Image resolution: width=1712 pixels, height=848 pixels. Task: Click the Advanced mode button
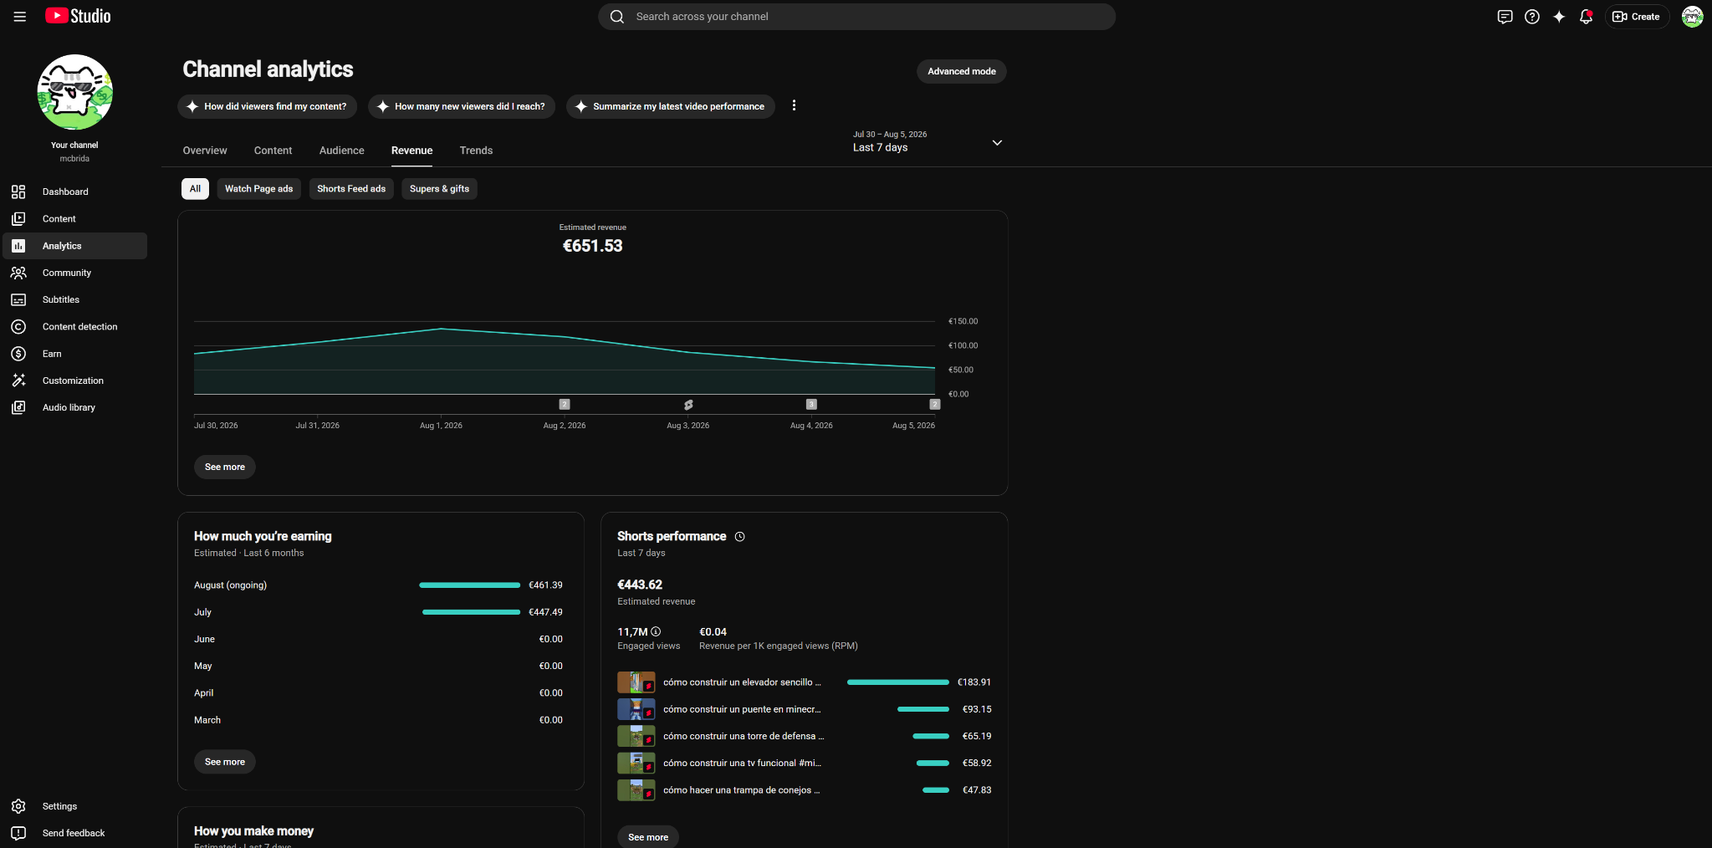point(961,71)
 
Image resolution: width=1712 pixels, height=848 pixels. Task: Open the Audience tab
point(341,151)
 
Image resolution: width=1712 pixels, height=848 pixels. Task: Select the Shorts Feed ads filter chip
point(351,189)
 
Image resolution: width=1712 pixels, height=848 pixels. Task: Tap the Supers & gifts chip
point(439,189)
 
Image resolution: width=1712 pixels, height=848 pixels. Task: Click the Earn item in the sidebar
point(52,354)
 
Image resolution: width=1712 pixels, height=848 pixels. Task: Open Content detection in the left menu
point(79,327)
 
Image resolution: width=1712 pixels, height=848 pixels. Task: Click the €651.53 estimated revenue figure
point(592,246)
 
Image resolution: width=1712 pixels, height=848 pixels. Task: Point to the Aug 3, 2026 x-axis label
point(687,426)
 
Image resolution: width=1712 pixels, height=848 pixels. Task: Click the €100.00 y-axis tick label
point(963,345)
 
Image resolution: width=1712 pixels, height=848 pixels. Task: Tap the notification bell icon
point(1586,17)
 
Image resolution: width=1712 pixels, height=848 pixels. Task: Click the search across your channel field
point(856,17)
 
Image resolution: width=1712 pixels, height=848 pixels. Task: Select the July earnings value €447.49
point(545,612)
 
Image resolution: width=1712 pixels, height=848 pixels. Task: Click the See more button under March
point(225,762)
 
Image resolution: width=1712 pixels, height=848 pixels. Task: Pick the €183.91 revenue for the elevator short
point(974,682)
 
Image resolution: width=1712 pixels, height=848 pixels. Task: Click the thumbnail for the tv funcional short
point(636,763)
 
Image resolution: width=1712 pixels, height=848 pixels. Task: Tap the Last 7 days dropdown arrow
point(997,143)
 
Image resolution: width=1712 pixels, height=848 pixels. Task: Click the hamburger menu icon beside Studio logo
point(20,17)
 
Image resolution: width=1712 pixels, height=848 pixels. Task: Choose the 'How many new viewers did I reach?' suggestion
point(462,106)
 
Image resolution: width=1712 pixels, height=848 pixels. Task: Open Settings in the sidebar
point(59,806)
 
